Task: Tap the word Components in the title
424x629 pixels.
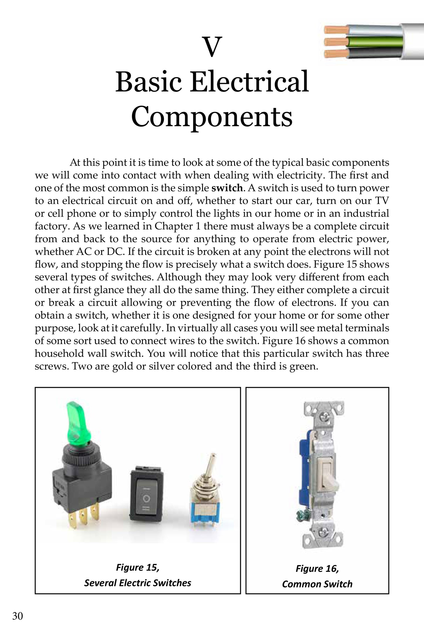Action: (212, 117)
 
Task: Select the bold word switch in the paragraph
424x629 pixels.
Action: (227, 188)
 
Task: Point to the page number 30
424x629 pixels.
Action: (18, 616)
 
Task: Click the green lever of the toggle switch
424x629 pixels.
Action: (75, 421)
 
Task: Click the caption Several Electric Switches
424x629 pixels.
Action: (138, 583)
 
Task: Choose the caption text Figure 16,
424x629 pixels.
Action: (317, 568)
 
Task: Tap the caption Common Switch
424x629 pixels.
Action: (317, 584)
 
